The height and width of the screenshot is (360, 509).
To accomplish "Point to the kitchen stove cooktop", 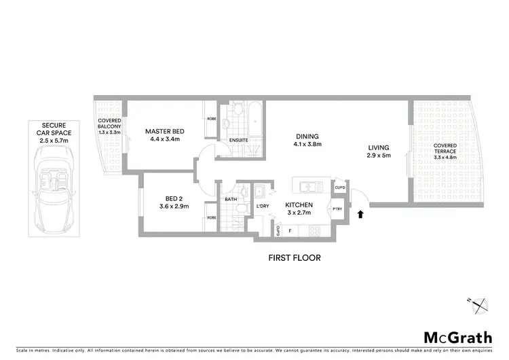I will click(x=314, y=231).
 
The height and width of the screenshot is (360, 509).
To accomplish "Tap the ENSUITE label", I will click(x=238, y=141).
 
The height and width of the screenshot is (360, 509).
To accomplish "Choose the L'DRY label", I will click(x=264, y=206).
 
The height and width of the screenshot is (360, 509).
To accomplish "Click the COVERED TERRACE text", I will click(x=445, y=149).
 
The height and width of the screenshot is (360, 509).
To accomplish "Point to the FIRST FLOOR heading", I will click(x=295, y=258).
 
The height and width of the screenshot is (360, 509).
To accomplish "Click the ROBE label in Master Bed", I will click(x=211, y=118).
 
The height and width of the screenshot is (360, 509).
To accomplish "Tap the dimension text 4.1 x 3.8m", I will click(x=307, y=144).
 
